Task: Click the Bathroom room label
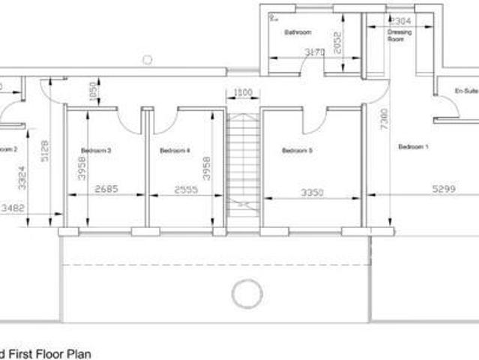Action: coord(298,33)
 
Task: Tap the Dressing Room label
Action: coord(400,36)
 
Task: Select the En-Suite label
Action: coord(466,91)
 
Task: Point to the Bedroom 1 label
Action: coord(413,146)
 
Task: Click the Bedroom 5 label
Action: coord(297,151)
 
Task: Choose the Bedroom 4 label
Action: coord(175,151)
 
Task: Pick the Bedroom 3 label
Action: coord(97,151)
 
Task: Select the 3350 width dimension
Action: coord(312,193)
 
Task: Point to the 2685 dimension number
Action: coord(106,190)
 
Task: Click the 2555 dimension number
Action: coord(185,190)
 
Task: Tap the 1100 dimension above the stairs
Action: coord(242,93)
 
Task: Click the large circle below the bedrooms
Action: coord(247,292)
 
